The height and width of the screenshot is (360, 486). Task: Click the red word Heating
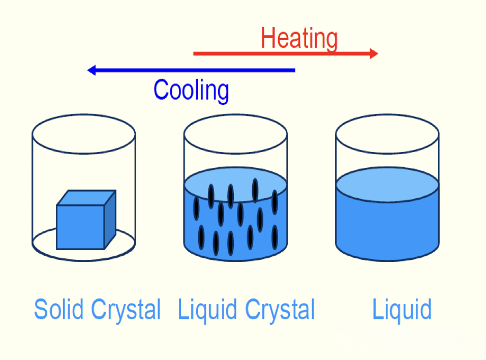click(299, 39)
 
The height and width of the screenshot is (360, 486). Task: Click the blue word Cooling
click(191, 91)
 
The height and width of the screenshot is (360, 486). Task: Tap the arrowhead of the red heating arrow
click(374, 53)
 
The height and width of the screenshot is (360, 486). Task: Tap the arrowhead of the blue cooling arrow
click(92, 70)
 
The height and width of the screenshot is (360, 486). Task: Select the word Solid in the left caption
click(60, 309)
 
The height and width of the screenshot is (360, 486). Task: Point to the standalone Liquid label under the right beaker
click(402, 309)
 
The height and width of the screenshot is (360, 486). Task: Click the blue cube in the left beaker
click(80, 227)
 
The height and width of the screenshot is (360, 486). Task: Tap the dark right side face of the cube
click(110, 219)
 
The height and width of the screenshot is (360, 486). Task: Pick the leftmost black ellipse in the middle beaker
click(196, 209)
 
